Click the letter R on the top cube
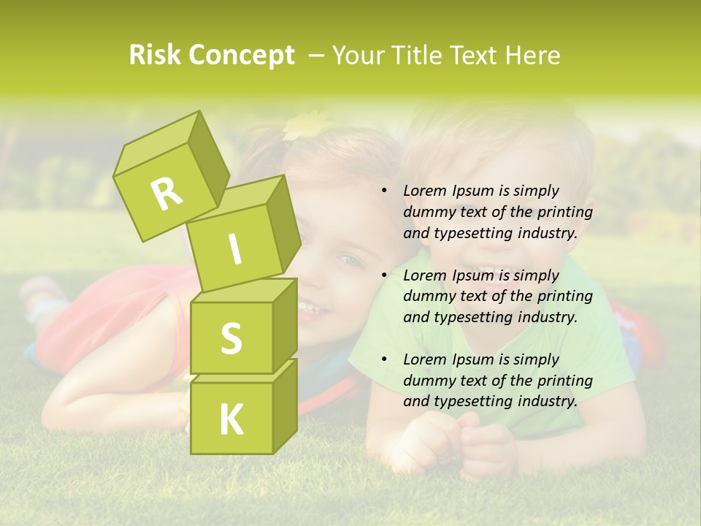(166, 194)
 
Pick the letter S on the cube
(231, 338)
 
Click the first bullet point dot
(384, 191)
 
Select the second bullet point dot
(384, 275)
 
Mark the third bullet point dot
(384, 359)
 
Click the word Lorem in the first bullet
(423, 191)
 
